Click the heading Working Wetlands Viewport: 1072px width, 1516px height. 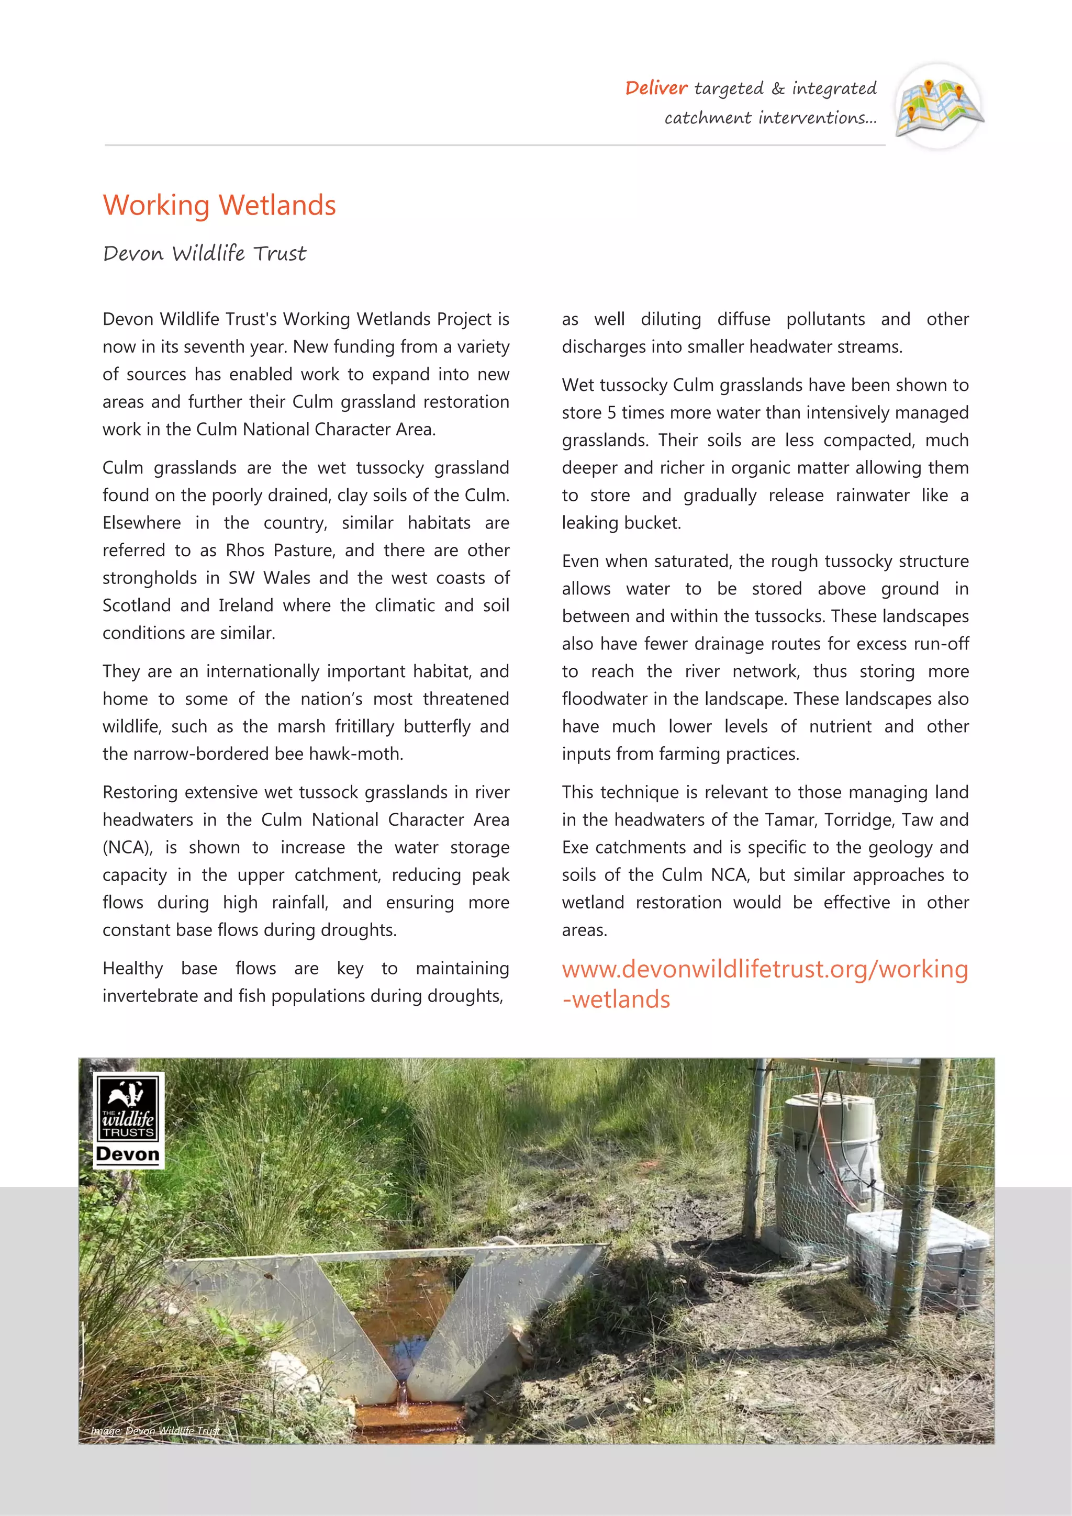219,205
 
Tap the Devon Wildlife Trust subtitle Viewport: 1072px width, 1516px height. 204,254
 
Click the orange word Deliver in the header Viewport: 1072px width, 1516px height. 656,88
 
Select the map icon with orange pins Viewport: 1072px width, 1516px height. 939,106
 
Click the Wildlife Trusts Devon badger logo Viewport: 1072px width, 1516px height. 128,1120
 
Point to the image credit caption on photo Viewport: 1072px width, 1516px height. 155,1431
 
